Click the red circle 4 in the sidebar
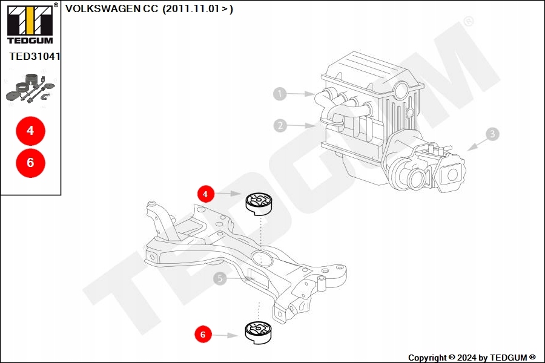(x=30, y=130)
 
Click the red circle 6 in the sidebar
(x=30, y=162)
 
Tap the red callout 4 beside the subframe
(x=206, y=194)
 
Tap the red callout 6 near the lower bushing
(x=203, y=333)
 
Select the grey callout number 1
(x=279, y=94)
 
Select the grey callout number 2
(x=279, y=126)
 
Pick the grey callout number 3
(x=492, y=134)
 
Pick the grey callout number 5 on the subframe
(x=220, y=278)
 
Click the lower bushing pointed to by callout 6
(x=259, y=332)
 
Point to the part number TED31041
(x=35, y=56)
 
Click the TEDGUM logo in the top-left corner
(x=29, y=24)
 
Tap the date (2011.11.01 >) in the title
(x=197, y=9)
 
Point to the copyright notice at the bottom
(x=471, y=358)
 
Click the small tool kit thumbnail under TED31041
(x=30, y=90)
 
